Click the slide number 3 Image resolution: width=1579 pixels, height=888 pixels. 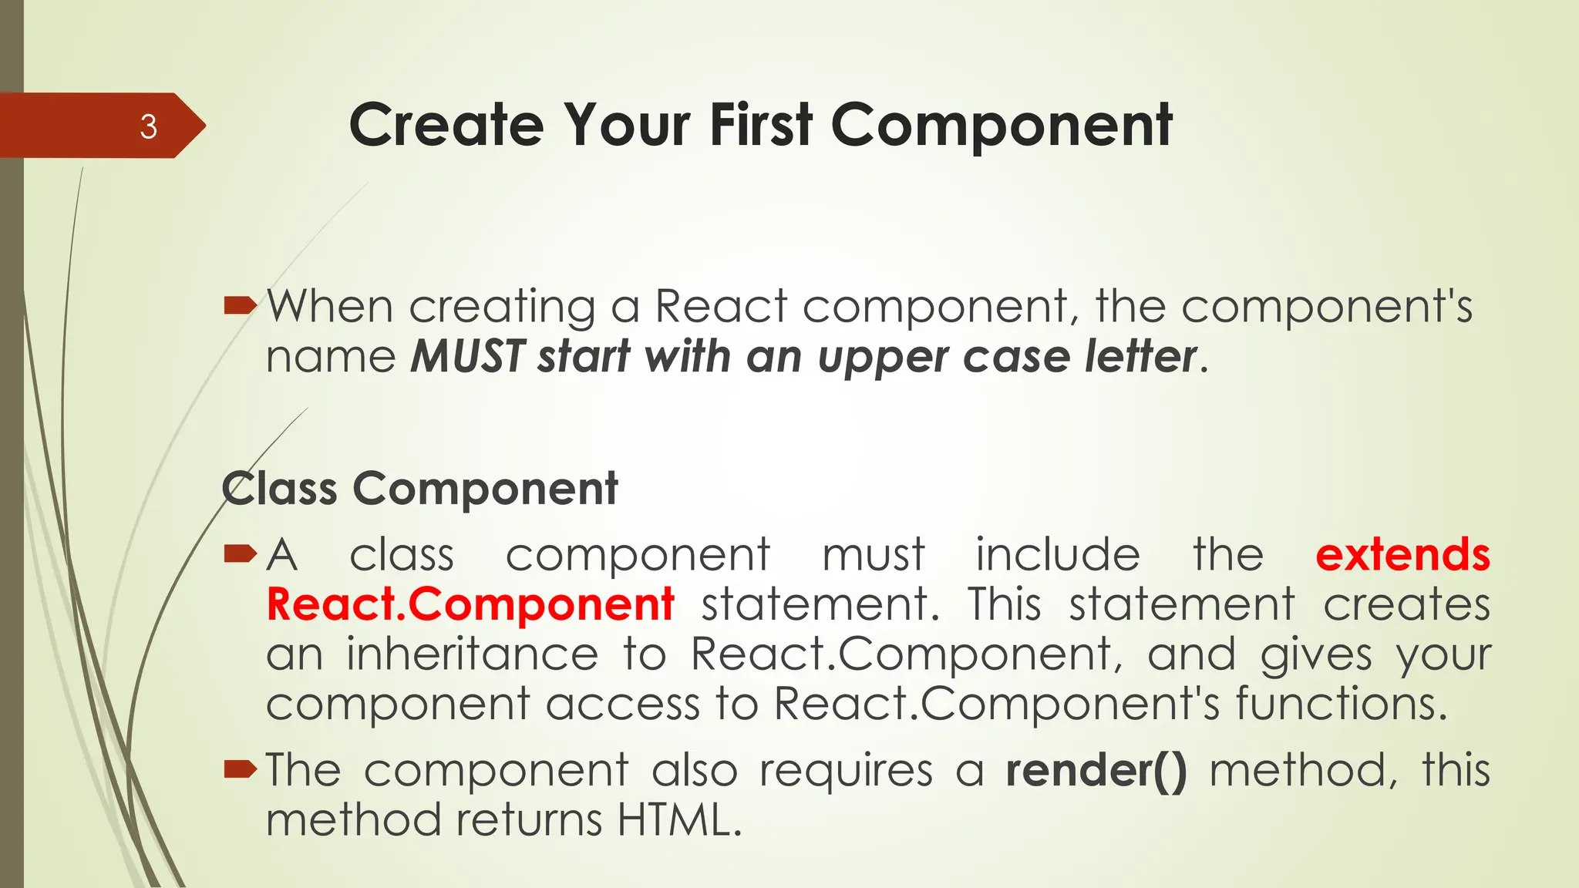click(x=148, y=126)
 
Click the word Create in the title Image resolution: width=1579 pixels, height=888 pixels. click(x=446, y=125)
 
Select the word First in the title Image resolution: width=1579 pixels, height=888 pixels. click(x=761, y=125)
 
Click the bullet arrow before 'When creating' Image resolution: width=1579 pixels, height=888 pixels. click(x=240, y=307)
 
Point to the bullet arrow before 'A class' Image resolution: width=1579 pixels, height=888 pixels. click(x=240, y=553)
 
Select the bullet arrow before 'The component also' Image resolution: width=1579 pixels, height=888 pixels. click(x=240, y=769)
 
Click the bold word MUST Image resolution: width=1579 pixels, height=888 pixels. click(x=468, y=357)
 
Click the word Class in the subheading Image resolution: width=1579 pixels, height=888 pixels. click(x=280, y=489)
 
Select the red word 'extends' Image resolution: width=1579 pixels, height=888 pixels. click(x=1402, y=555)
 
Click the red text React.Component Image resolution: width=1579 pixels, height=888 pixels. click(x=470, y=604)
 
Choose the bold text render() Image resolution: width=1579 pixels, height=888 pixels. click(x=1096, y=771)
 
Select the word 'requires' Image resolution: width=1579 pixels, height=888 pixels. click(x=846, y=771)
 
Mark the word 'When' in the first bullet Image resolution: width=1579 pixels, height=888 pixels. click(x=331, y=307)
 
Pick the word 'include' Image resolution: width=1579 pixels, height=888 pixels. click(x=1058, y=555)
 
